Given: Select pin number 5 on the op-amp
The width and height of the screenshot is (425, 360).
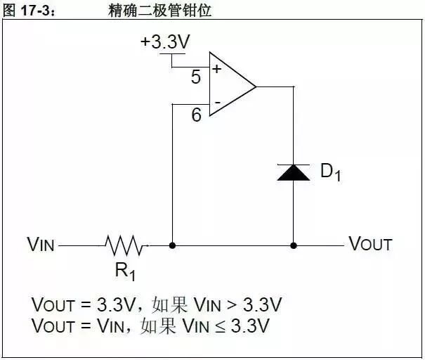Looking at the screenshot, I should [196, 77].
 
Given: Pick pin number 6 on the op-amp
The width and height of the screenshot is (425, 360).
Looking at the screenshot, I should [196, 115].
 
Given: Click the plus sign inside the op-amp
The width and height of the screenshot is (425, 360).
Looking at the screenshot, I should [216, 70].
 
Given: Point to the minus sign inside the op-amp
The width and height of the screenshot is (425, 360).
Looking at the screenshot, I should [216, 104].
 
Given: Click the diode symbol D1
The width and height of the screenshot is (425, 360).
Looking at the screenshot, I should [293, 172].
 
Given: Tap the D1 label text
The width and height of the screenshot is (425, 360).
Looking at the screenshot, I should [330, 172].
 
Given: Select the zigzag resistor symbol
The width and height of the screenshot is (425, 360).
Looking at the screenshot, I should [126, 245].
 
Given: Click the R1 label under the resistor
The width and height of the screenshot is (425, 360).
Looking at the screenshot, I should [124, 271].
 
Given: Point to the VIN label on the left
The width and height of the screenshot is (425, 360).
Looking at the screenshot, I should [41, 245].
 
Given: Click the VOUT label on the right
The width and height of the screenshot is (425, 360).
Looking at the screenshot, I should [370, 245].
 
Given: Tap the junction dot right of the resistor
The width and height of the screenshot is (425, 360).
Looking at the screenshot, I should [172, 246].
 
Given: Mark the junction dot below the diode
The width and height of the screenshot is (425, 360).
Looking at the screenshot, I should [294, 246].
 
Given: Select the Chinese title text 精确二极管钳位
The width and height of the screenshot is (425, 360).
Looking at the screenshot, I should [160, 11].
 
